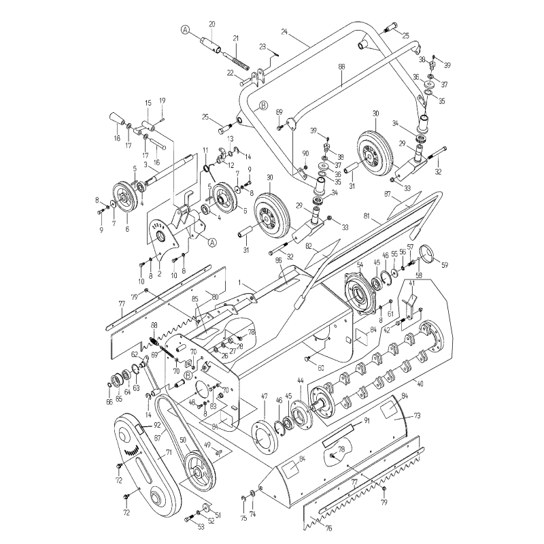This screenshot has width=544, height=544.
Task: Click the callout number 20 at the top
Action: pos(211,24)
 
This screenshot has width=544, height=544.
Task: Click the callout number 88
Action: pos(342,67)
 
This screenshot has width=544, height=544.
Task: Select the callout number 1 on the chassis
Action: pos(239,281)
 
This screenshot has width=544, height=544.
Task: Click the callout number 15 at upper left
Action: pos(147,103)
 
